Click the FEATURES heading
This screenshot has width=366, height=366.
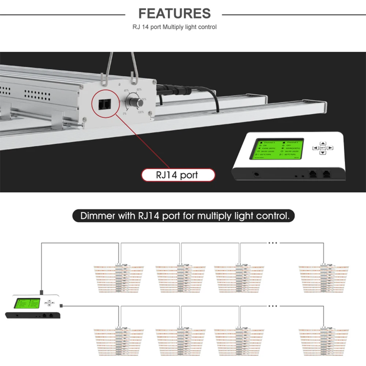click(175, 14)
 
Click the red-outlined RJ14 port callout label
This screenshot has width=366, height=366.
click(178, 175)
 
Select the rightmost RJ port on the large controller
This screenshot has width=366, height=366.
click(326, 174)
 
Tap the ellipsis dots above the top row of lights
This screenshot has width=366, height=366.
click(273, 242)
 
